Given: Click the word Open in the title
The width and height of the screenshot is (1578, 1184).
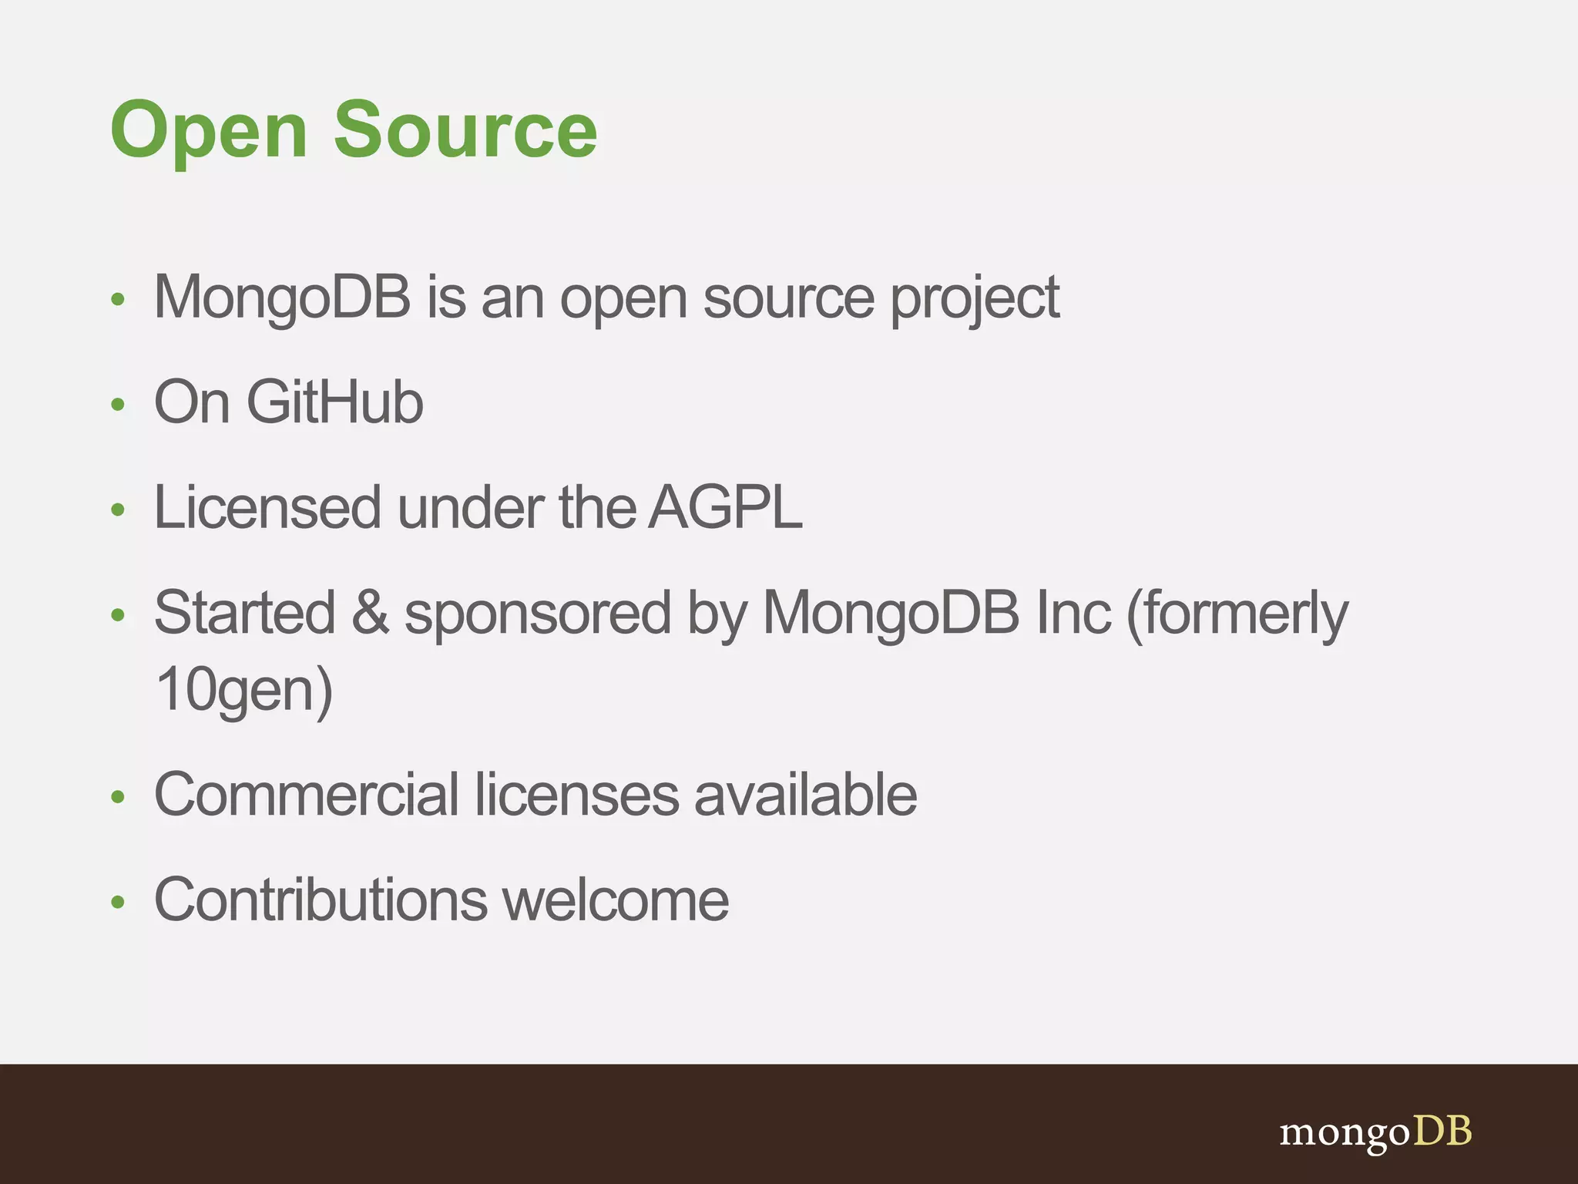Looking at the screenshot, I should point(209,131).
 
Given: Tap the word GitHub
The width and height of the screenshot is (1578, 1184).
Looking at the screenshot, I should point(334,402).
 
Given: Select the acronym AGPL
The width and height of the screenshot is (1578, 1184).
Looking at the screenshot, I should point(725,507).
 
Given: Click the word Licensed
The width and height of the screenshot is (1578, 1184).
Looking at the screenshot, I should point(267,507).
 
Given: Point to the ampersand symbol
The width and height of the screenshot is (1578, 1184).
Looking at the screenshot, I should point(371,612).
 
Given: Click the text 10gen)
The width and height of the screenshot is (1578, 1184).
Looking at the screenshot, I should point(243,689).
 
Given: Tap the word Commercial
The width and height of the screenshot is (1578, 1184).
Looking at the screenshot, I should point(307,795).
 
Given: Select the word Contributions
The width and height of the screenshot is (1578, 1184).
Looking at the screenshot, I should point(321,900).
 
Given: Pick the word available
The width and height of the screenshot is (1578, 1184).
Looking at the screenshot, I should point(805,795).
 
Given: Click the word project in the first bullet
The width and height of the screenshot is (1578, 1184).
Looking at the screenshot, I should point(975,299).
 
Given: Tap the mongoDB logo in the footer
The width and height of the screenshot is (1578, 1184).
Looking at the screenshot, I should point(1375,1132).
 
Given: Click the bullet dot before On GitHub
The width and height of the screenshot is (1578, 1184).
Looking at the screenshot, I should point(118,404).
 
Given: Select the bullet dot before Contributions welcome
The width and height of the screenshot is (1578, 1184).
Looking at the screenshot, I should point(118,901).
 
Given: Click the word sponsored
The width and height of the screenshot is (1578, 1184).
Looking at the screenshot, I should point(538,614).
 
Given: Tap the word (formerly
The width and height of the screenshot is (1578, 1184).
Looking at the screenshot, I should point(1237,614).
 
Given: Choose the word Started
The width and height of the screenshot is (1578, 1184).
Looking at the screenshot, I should point(245,612).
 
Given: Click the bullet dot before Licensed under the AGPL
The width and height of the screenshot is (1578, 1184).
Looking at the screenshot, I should point(118,509).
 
